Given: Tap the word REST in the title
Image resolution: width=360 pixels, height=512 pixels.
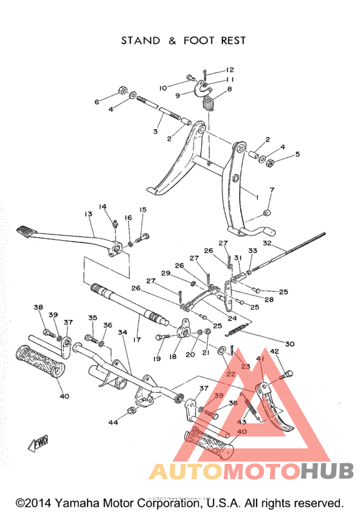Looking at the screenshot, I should coord(233,40).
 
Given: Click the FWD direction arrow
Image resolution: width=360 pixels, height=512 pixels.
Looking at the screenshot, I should coord(39,443).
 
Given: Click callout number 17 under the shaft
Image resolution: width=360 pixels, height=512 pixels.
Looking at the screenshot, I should coord(136,339).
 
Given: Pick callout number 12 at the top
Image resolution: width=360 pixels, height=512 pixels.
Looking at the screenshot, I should coord(230,69).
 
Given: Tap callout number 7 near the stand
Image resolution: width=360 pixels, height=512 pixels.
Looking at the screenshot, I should coord(272,190).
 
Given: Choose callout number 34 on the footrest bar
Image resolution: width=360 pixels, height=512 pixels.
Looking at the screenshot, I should coord(122,332).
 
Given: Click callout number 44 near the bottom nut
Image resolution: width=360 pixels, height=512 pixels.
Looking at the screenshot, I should coord(113,422).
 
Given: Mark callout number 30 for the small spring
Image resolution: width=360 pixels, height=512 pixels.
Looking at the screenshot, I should coord(290,344).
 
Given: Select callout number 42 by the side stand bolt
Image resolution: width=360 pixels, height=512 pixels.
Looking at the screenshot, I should coord(274,351).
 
